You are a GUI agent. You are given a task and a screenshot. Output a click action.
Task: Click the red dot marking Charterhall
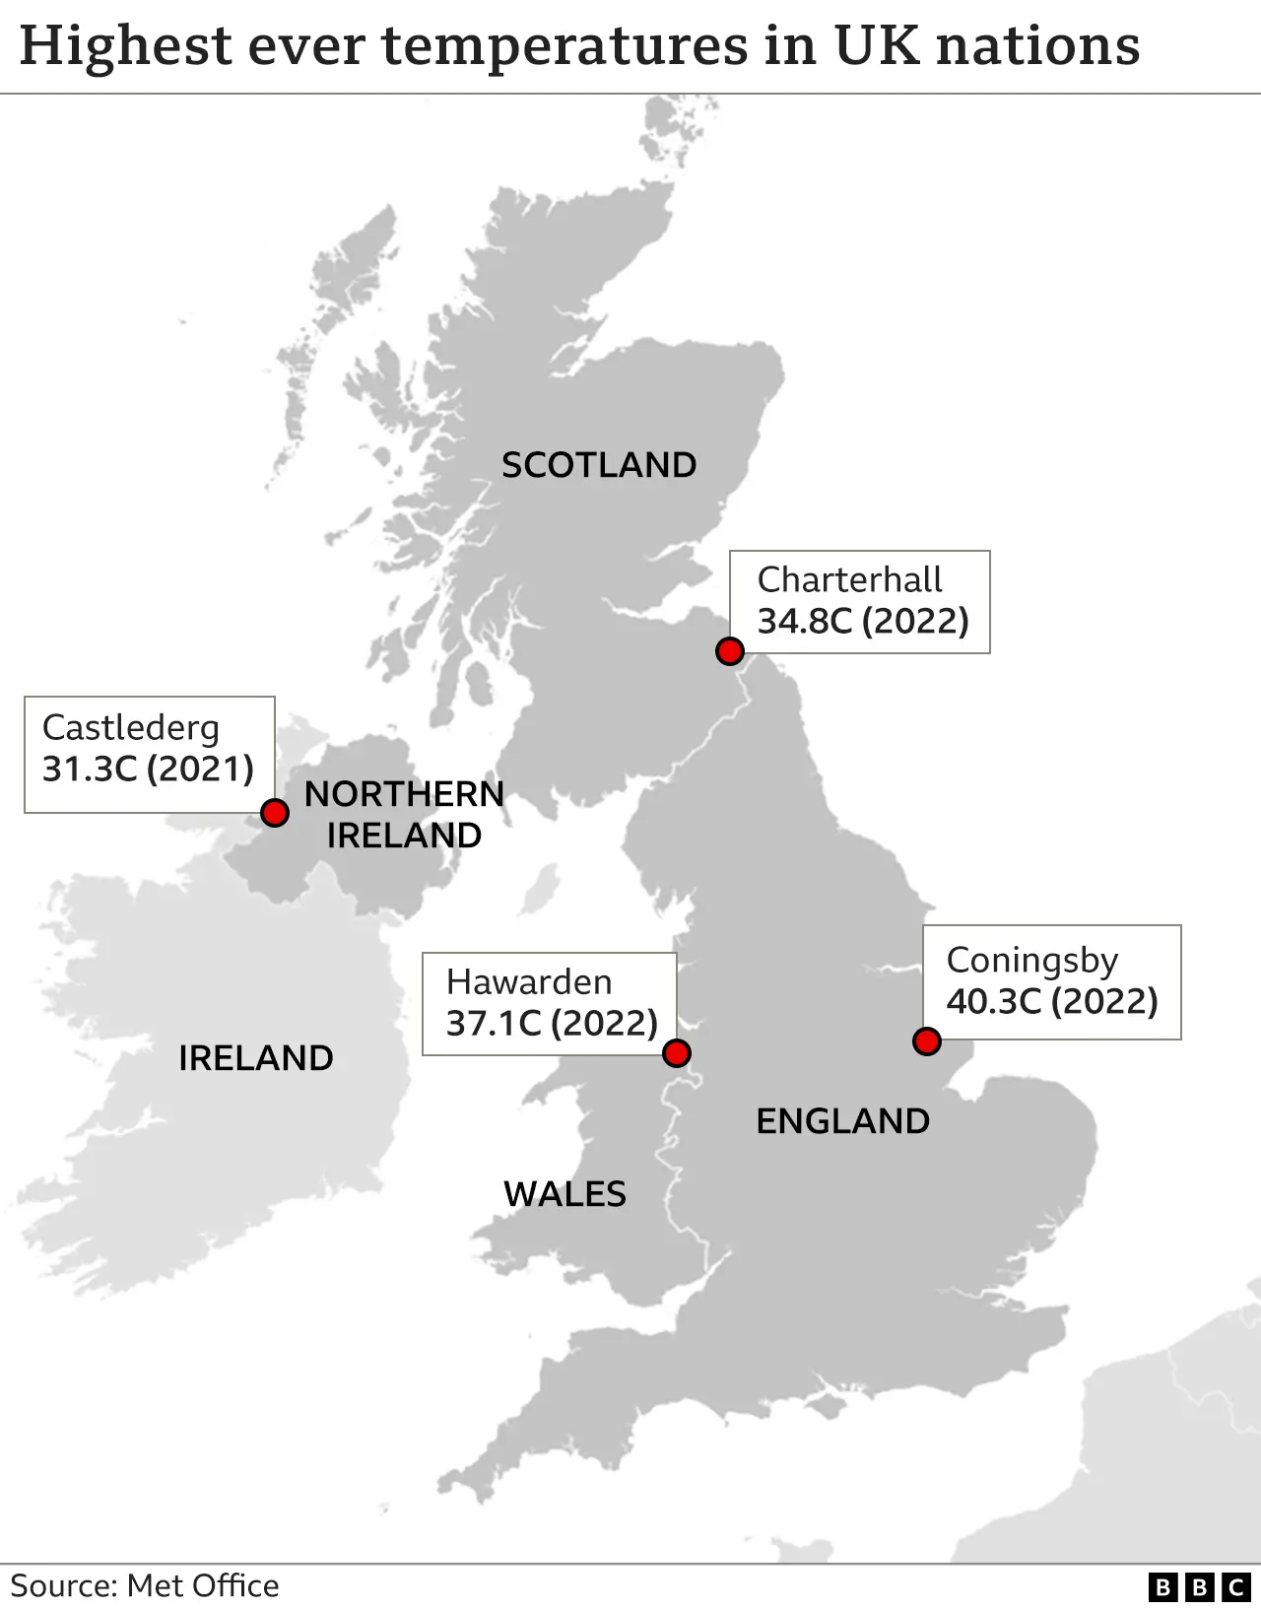729,651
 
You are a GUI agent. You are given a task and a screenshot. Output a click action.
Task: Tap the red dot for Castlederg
275,813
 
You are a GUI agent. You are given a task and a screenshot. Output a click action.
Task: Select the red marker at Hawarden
676,1053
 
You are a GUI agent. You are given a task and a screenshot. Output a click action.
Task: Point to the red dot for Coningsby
926,1041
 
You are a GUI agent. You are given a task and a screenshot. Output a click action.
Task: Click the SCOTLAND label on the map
599,465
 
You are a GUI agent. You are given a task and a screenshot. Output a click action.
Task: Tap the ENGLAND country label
842,1121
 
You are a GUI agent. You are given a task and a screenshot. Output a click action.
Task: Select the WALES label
564,1194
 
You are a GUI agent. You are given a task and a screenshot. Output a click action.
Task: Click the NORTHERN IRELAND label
404,815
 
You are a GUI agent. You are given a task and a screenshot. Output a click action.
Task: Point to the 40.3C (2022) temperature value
1052,1001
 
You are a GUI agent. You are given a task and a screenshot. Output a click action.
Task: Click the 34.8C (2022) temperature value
863,621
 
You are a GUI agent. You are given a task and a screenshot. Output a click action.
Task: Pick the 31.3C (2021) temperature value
148,769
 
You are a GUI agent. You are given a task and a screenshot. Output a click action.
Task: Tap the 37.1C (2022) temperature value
552,1023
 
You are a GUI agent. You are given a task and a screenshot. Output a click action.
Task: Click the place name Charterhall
849,579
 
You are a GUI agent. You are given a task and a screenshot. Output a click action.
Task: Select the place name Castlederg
131,728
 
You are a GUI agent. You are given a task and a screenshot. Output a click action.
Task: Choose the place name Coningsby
1032,961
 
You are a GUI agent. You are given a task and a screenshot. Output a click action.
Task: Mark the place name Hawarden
529,981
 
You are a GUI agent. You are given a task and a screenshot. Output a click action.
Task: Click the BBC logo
1199,1586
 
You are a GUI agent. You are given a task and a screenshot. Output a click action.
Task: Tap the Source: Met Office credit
145,1585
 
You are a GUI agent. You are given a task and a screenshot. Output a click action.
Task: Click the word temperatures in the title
564,45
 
